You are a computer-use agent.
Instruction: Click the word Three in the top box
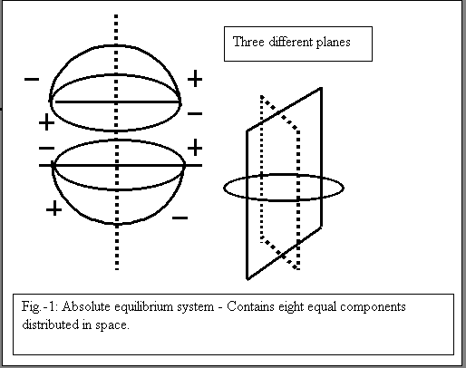[x=248, y=42]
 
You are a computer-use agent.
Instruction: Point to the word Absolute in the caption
[x=86, y=306]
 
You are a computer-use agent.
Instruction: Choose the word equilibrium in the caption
[x=143, y=307]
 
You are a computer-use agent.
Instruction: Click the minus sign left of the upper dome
[x=32, y=80]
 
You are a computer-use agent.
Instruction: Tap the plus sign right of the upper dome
[x=195, y=79]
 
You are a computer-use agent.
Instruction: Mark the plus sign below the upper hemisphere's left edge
[x=46, y=122]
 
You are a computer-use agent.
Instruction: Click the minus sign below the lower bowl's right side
[x=180, y=218]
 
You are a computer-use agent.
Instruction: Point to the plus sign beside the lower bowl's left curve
[x=54, y=209]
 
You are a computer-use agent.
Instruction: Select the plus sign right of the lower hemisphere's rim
[x=195, y=148]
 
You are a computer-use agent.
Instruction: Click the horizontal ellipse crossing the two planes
[x=284, y=199]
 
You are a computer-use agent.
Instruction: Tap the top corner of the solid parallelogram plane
[x=321, y=88]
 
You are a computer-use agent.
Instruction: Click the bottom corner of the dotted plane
[x=298, y=268]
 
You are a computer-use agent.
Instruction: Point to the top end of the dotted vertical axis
[x=116, y=15]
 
